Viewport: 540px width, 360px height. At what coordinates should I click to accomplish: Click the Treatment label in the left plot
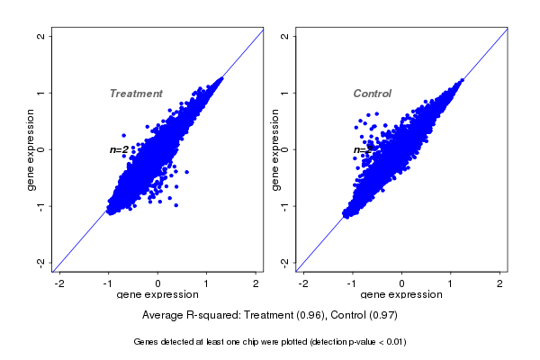(136, 94)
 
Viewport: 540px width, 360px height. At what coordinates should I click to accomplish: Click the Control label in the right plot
(373, 94)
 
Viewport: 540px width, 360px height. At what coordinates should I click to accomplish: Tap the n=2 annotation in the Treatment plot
(119, 149)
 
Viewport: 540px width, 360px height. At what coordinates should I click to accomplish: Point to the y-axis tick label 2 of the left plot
(40, 36)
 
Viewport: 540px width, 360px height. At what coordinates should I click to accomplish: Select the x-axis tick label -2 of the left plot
(60, 284)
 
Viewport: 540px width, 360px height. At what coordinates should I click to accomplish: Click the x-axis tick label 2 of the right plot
(501, 284)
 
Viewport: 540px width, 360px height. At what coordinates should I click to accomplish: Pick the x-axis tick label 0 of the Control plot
(402, 284)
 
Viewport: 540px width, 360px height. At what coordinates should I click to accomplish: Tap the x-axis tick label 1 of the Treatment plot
(207, 284)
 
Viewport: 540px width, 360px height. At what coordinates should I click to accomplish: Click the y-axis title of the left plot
(31, 149)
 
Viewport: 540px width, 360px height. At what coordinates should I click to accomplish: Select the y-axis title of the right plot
(276, 149)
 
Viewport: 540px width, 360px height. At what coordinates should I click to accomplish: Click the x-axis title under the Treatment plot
(157, 295)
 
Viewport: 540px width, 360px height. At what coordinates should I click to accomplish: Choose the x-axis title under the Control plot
(401, 295)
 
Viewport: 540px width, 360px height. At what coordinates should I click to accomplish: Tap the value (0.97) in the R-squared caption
(381, 316)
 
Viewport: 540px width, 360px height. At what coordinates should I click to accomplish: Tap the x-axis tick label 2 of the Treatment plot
(256, 284)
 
